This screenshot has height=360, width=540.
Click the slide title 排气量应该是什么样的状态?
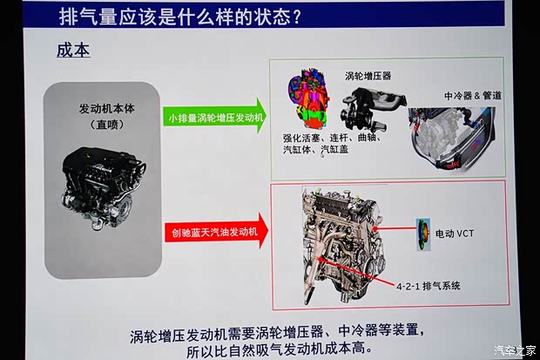(x=179, y=16)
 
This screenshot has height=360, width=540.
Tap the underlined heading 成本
(x=73, y=51)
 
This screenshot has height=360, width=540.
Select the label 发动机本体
(x=107, y=109)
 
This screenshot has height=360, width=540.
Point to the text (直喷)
(x=107, y=124)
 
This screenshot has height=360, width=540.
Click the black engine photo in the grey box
(x=104, y=188)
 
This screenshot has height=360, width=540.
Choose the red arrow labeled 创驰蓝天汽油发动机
(x=216, y=231)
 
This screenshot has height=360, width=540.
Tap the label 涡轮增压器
(x=368, y=76)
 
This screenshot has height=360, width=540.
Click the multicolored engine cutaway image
(x=307, y=99)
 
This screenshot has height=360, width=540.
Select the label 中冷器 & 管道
(x=473, y=96)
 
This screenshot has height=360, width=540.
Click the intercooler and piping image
(x=452, y=138)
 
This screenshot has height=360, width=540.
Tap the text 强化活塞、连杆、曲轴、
(x=332, y=138)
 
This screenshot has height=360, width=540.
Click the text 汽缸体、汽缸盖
(x=316, y=149)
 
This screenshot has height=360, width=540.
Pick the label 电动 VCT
(x=455, y=234)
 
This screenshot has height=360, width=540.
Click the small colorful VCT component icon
(x=423, y=234)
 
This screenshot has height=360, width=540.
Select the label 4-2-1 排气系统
(x=428, y=286)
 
